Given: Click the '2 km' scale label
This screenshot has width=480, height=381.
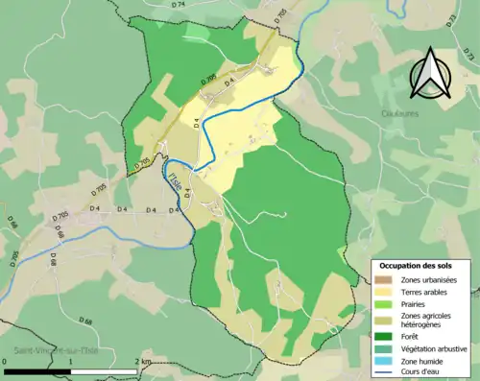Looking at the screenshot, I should (145, 361).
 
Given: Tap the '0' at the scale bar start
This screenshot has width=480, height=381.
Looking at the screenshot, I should (6, 361).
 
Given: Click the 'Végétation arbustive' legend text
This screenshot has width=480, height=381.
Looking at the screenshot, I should (435, 347).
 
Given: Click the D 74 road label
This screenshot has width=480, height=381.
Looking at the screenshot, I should (180, 6).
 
